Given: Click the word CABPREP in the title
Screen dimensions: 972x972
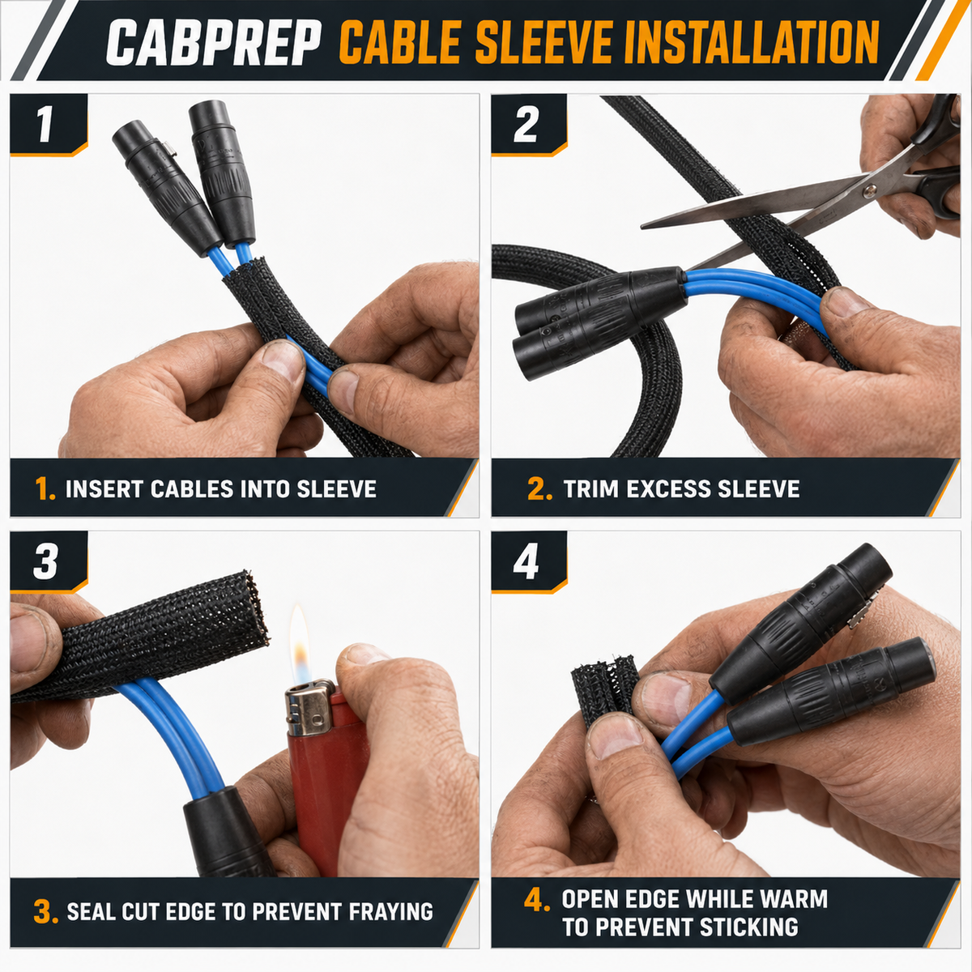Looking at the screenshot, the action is (214, 43).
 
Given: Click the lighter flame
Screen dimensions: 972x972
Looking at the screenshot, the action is (301, 644).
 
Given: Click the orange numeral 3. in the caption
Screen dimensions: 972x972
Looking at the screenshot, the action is (46, 913).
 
